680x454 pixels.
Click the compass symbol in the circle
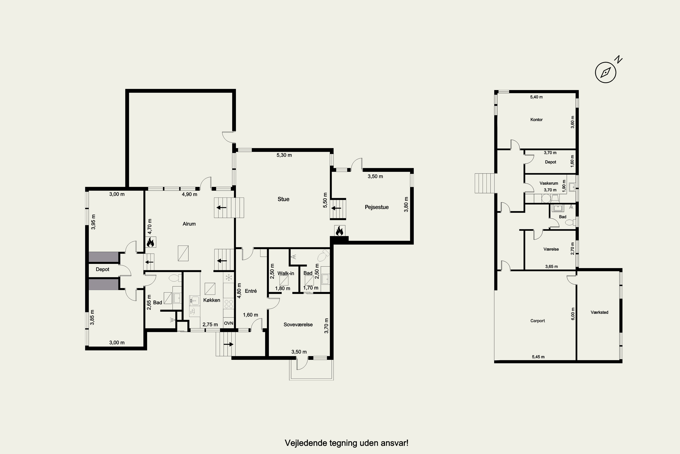pos(605,72)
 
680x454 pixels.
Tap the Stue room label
pos(283,199)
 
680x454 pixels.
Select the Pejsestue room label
pos(376,207)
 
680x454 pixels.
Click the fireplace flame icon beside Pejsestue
pos(339,231)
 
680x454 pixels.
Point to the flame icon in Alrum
pos(150,242)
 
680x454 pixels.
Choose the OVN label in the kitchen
pos(228,323)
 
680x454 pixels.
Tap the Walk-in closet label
pos(286,273)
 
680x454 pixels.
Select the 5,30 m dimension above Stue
pos(284,155)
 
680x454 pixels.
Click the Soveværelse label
pos(298,325)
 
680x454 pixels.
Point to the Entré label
pos(251,291)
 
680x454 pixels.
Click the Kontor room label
pos(536,120)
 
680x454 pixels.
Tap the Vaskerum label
pos(549,183)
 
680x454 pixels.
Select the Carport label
pos(537,321)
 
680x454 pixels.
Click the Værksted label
pos(599,312)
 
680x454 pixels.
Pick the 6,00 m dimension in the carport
pos(573,313)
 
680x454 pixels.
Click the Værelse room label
pos(551,249)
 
